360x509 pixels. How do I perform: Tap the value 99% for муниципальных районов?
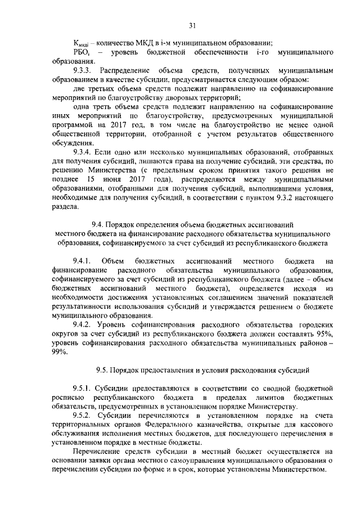pyautogui.click(x=58, y=352)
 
